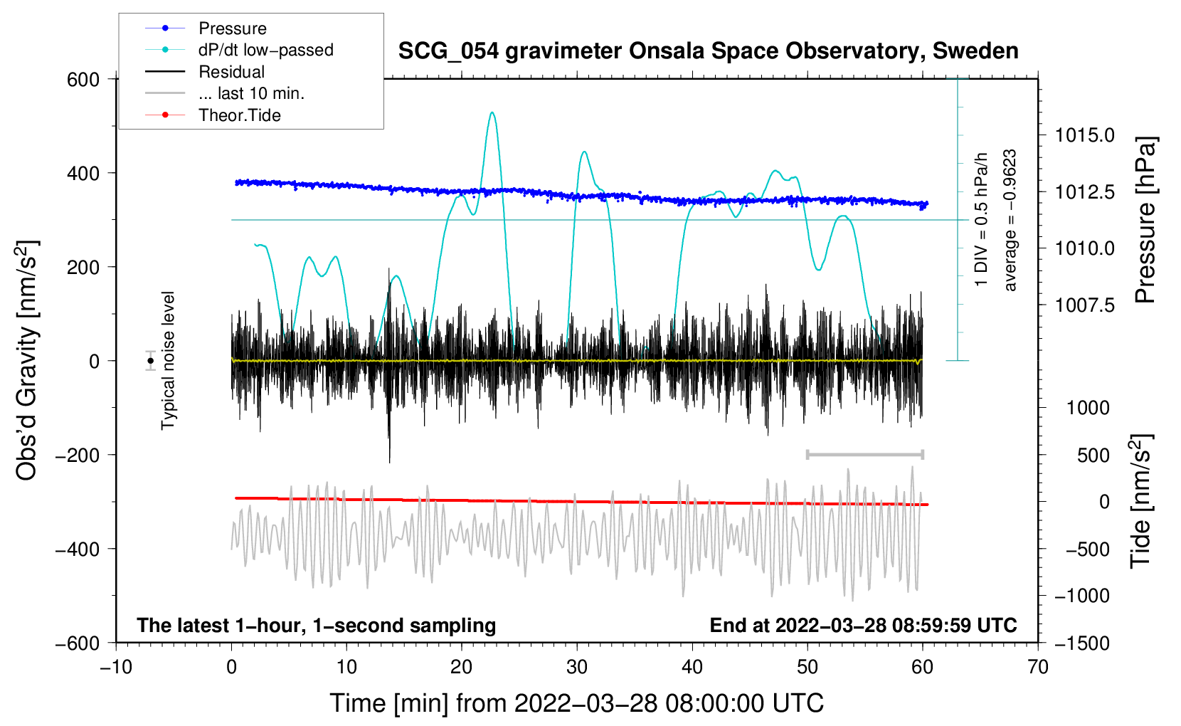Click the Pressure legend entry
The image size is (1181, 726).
(232, 28)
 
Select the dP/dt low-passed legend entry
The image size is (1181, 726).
(265, 50)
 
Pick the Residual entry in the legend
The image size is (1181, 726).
(231, 72)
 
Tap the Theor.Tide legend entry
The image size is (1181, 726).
(239, 115)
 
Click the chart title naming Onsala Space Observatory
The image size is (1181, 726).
(708, 51)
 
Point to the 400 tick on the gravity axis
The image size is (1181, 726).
(83, 174)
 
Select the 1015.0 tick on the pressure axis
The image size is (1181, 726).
(1085, 135)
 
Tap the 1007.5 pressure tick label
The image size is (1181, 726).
(1085, 305)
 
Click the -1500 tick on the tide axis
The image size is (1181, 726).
(1082, 643)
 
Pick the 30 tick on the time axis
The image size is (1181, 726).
(577, 668)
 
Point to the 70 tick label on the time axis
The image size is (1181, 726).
(1038, 668)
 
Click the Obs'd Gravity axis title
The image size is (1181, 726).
(27, 361)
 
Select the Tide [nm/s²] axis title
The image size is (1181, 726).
(1140, 502)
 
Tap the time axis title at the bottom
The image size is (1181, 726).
(577, 703)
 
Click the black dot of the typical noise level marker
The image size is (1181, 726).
(150, 361)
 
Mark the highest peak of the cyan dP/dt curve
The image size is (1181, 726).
(492, 112)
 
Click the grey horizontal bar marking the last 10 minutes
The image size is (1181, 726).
(864, 454)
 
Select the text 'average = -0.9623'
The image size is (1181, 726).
(1010, 220)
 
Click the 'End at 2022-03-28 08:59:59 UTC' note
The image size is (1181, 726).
(863, 626)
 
